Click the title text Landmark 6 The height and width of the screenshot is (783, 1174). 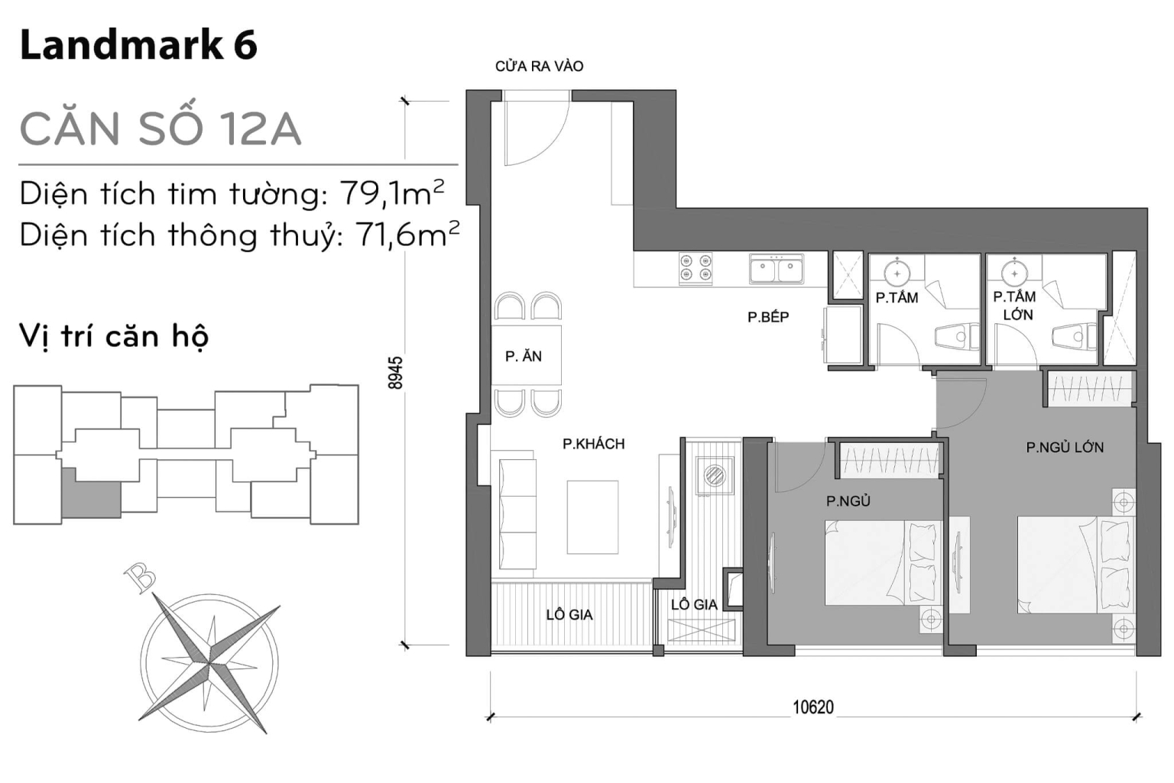[x=138, y=46]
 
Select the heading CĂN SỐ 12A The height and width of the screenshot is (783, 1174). [x=161, y=128]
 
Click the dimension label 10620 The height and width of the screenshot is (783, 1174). [x=812, y=707]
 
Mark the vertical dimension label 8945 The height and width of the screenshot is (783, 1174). [x=395, y=373]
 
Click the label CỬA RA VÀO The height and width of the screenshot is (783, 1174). [x=539, y=66]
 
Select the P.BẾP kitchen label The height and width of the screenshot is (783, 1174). [x=768, y=317]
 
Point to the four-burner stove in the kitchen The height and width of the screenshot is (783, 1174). [x=696, y=268]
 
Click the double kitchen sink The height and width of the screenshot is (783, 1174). [x=776, y=269]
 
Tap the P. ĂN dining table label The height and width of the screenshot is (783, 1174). [x=524, y=356]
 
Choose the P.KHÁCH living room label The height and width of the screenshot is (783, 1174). [x=593, y=444]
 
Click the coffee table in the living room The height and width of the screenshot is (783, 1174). [x=592, y=516]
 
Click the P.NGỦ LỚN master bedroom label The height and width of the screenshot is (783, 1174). [x=1065, y=448]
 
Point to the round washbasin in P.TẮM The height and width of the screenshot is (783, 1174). [x=897, y=273]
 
